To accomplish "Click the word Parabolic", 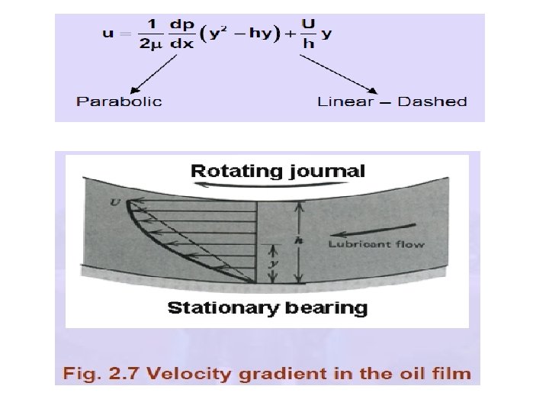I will coord(119,101).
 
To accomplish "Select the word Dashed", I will coord(432,101).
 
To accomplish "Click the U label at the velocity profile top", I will coord(116,202).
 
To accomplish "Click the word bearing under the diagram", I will coord(329,308).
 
